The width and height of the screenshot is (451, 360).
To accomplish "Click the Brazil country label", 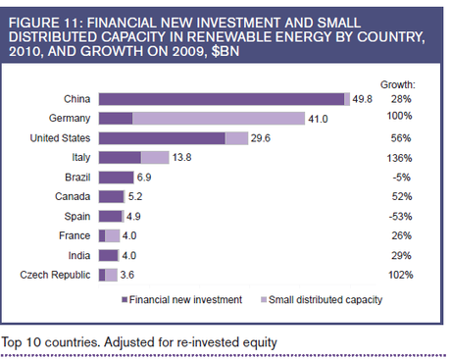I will click(77, 178).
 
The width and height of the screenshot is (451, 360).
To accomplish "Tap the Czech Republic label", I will click(56, 275).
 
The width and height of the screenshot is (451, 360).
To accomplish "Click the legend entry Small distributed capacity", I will click(315, 300).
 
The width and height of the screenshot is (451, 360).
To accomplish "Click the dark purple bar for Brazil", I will click(116, 178).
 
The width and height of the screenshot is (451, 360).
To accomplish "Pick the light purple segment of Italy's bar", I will click(155, 158).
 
